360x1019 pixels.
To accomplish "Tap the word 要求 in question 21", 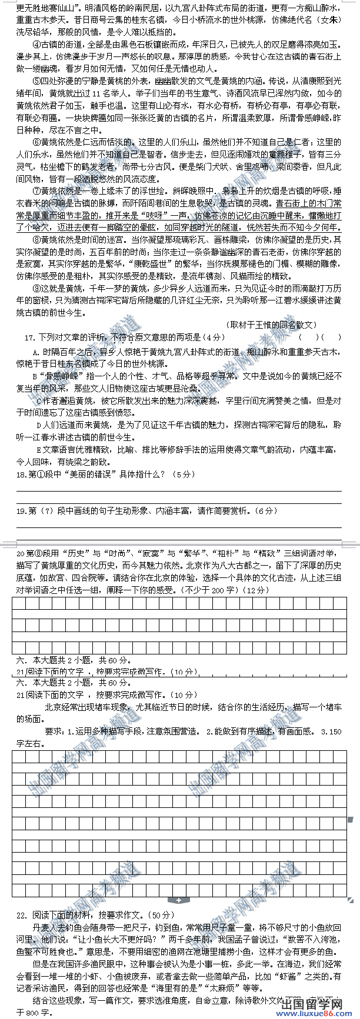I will [x=54, y=731].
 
